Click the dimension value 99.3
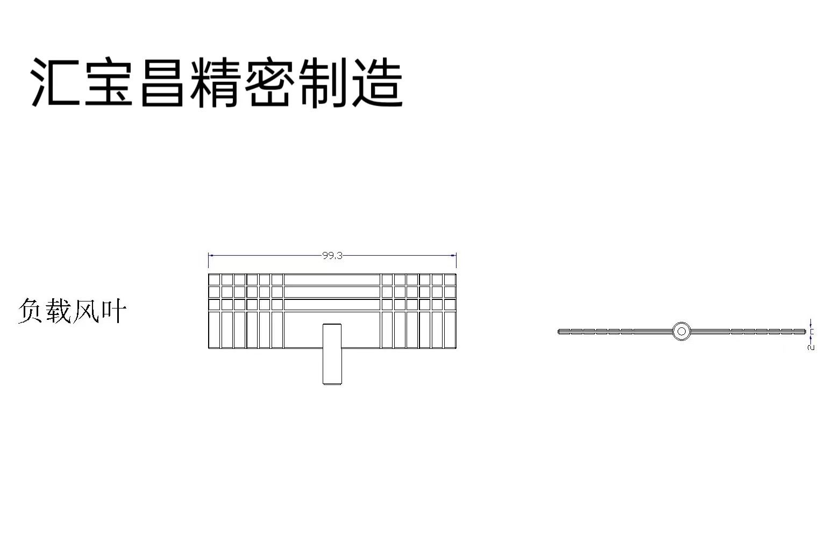click(x=332, y=256)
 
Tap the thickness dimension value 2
click(x=811, y=347)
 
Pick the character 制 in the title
click(x=323, y=83)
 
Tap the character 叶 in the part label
click(x=114, y=311)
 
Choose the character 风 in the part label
click(x=86, y=311)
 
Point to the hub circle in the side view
click(x=681, y=331)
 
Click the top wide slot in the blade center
click(x=332, y=279)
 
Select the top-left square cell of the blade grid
click(x=214, y=279)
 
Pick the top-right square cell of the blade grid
click(x=450, y=279)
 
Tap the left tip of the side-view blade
click(x=560, y=331)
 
